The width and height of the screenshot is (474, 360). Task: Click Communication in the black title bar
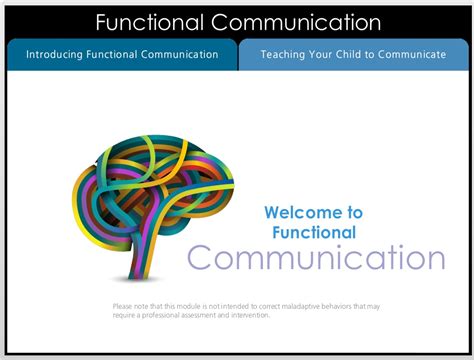297,22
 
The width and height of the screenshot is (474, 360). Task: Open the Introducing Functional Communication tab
121,55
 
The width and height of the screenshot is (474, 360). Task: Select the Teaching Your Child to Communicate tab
353,55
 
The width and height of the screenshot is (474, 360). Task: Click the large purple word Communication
316,258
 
